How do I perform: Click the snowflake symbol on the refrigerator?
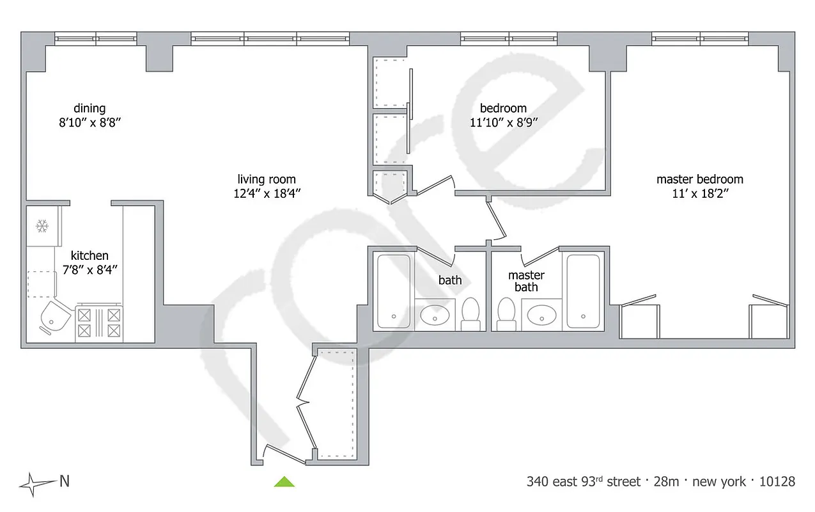tap(43, 226)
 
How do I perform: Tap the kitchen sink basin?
tap(53, 317)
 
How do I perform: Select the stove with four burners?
tap(98, 323)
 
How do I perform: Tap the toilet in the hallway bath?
tap(470, 313)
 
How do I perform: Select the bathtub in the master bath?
tap(582, 292)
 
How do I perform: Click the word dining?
tap(89, 108)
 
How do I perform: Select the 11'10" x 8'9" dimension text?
tap(503, 124)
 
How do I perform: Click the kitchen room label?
tap(89, 255)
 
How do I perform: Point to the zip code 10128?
tap(776, 481)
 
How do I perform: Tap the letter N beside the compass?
tap(64, 481)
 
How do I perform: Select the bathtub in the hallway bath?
tap(393, 292)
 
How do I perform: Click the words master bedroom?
tap(700, 179)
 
